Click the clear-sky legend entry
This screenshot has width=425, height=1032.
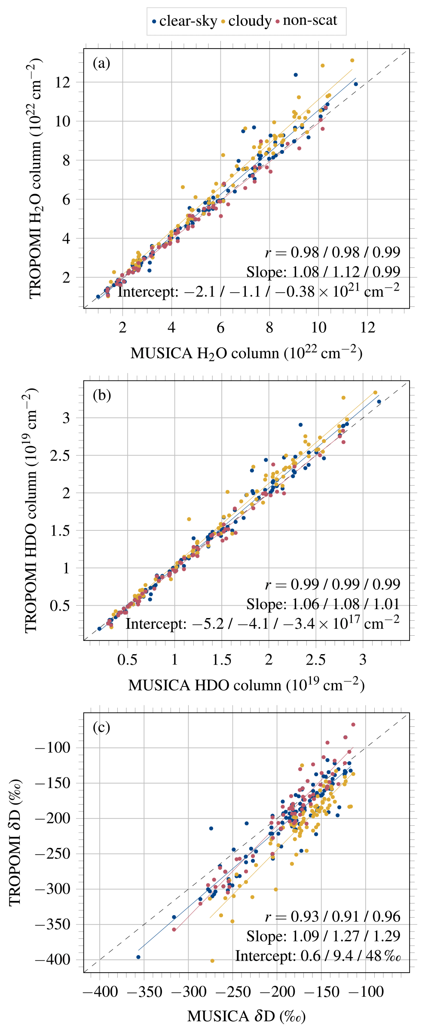(x=185, y=21)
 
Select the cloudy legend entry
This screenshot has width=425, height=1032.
(x=246, y=21)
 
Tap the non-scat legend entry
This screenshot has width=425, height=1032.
(x=306, y=21)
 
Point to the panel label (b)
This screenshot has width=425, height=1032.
(x=102, y=395)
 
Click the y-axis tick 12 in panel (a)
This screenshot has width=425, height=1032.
(x=62, y=82)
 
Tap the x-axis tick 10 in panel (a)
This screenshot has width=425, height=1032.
(x=318, y=328)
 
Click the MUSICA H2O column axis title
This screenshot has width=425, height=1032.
(x=246, y=352)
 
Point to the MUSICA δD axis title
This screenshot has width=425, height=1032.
(x=246, y=1016)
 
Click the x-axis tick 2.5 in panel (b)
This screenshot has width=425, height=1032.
(x=316, y=659)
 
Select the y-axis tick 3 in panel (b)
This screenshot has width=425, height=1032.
(x=66, y=418)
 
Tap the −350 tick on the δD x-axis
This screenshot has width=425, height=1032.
(x=144, y=992)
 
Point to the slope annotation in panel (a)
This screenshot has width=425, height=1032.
(x=323, y=272)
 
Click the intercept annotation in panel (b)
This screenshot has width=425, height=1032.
(x=262, y=623)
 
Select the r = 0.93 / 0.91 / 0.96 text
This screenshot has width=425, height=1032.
(x=332, y=916)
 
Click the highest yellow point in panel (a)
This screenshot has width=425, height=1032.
(x=352, y=61)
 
